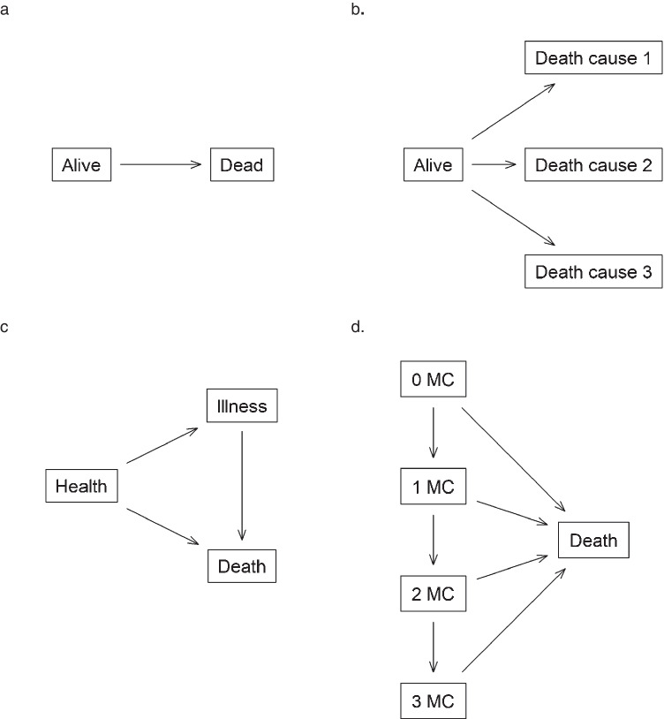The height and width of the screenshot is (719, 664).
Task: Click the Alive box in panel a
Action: point(81,164)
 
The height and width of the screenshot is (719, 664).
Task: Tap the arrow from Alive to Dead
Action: point(161,164)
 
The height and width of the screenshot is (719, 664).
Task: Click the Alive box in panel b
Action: point(433,164)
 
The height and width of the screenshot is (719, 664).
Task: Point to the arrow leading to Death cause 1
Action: point(512,111)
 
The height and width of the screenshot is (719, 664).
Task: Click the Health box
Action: point(81,486)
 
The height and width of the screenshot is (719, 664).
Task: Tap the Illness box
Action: point(242,407)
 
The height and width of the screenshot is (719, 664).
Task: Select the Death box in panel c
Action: point(242,564)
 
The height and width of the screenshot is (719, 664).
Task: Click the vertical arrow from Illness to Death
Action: point(242,486)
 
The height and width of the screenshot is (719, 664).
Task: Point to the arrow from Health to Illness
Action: point(161,446)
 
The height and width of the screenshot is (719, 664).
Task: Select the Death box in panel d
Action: point(593,541)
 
